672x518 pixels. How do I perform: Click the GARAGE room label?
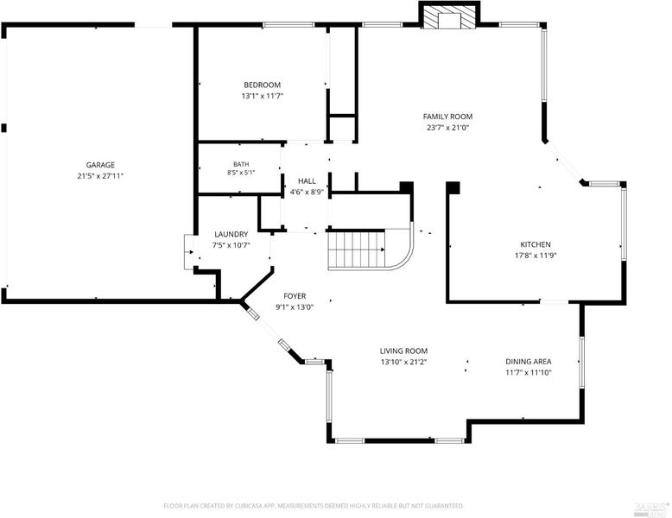[x=100, y=165]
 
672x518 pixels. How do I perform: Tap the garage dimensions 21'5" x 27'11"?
[x=100, y=175]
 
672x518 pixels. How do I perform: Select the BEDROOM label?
[x=263, y=85]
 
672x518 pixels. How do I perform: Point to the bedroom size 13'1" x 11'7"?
[x=263, y=96]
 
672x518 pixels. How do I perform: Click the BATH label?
[x=241, y=164]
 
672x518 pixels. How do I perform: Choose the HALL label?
[x=307, y=181]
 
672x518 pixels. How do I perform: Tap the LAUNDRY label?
[x=231, y=234]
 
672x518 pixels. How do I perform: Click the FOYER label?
[x=295, y=296]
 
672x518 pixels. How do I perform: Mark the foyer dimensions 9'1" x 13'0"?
[x=295, y=306]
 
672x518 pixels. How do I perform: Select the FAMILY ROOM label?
[x=448, y=117]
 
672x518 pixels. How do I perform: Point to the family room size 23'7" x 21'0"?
[x=448, y=127]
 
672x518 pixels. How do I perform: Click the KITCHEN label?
[x=536, y=244]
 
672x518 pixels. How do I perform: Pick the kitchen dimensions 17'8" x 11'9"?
[x=536, y=256]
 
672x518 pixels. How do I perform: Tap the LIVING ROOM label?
[x=403, y=351]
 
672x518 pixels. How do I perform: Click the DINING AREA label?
[x=529, y=362]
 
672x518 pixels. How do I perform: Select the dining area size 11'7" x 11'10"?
[x=529, y=372]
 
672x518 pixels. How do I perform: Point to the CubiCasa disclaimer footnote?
[x=314, y=506]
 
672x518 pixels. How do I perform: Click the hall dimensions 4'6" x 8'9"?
[x=307, y=193]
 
